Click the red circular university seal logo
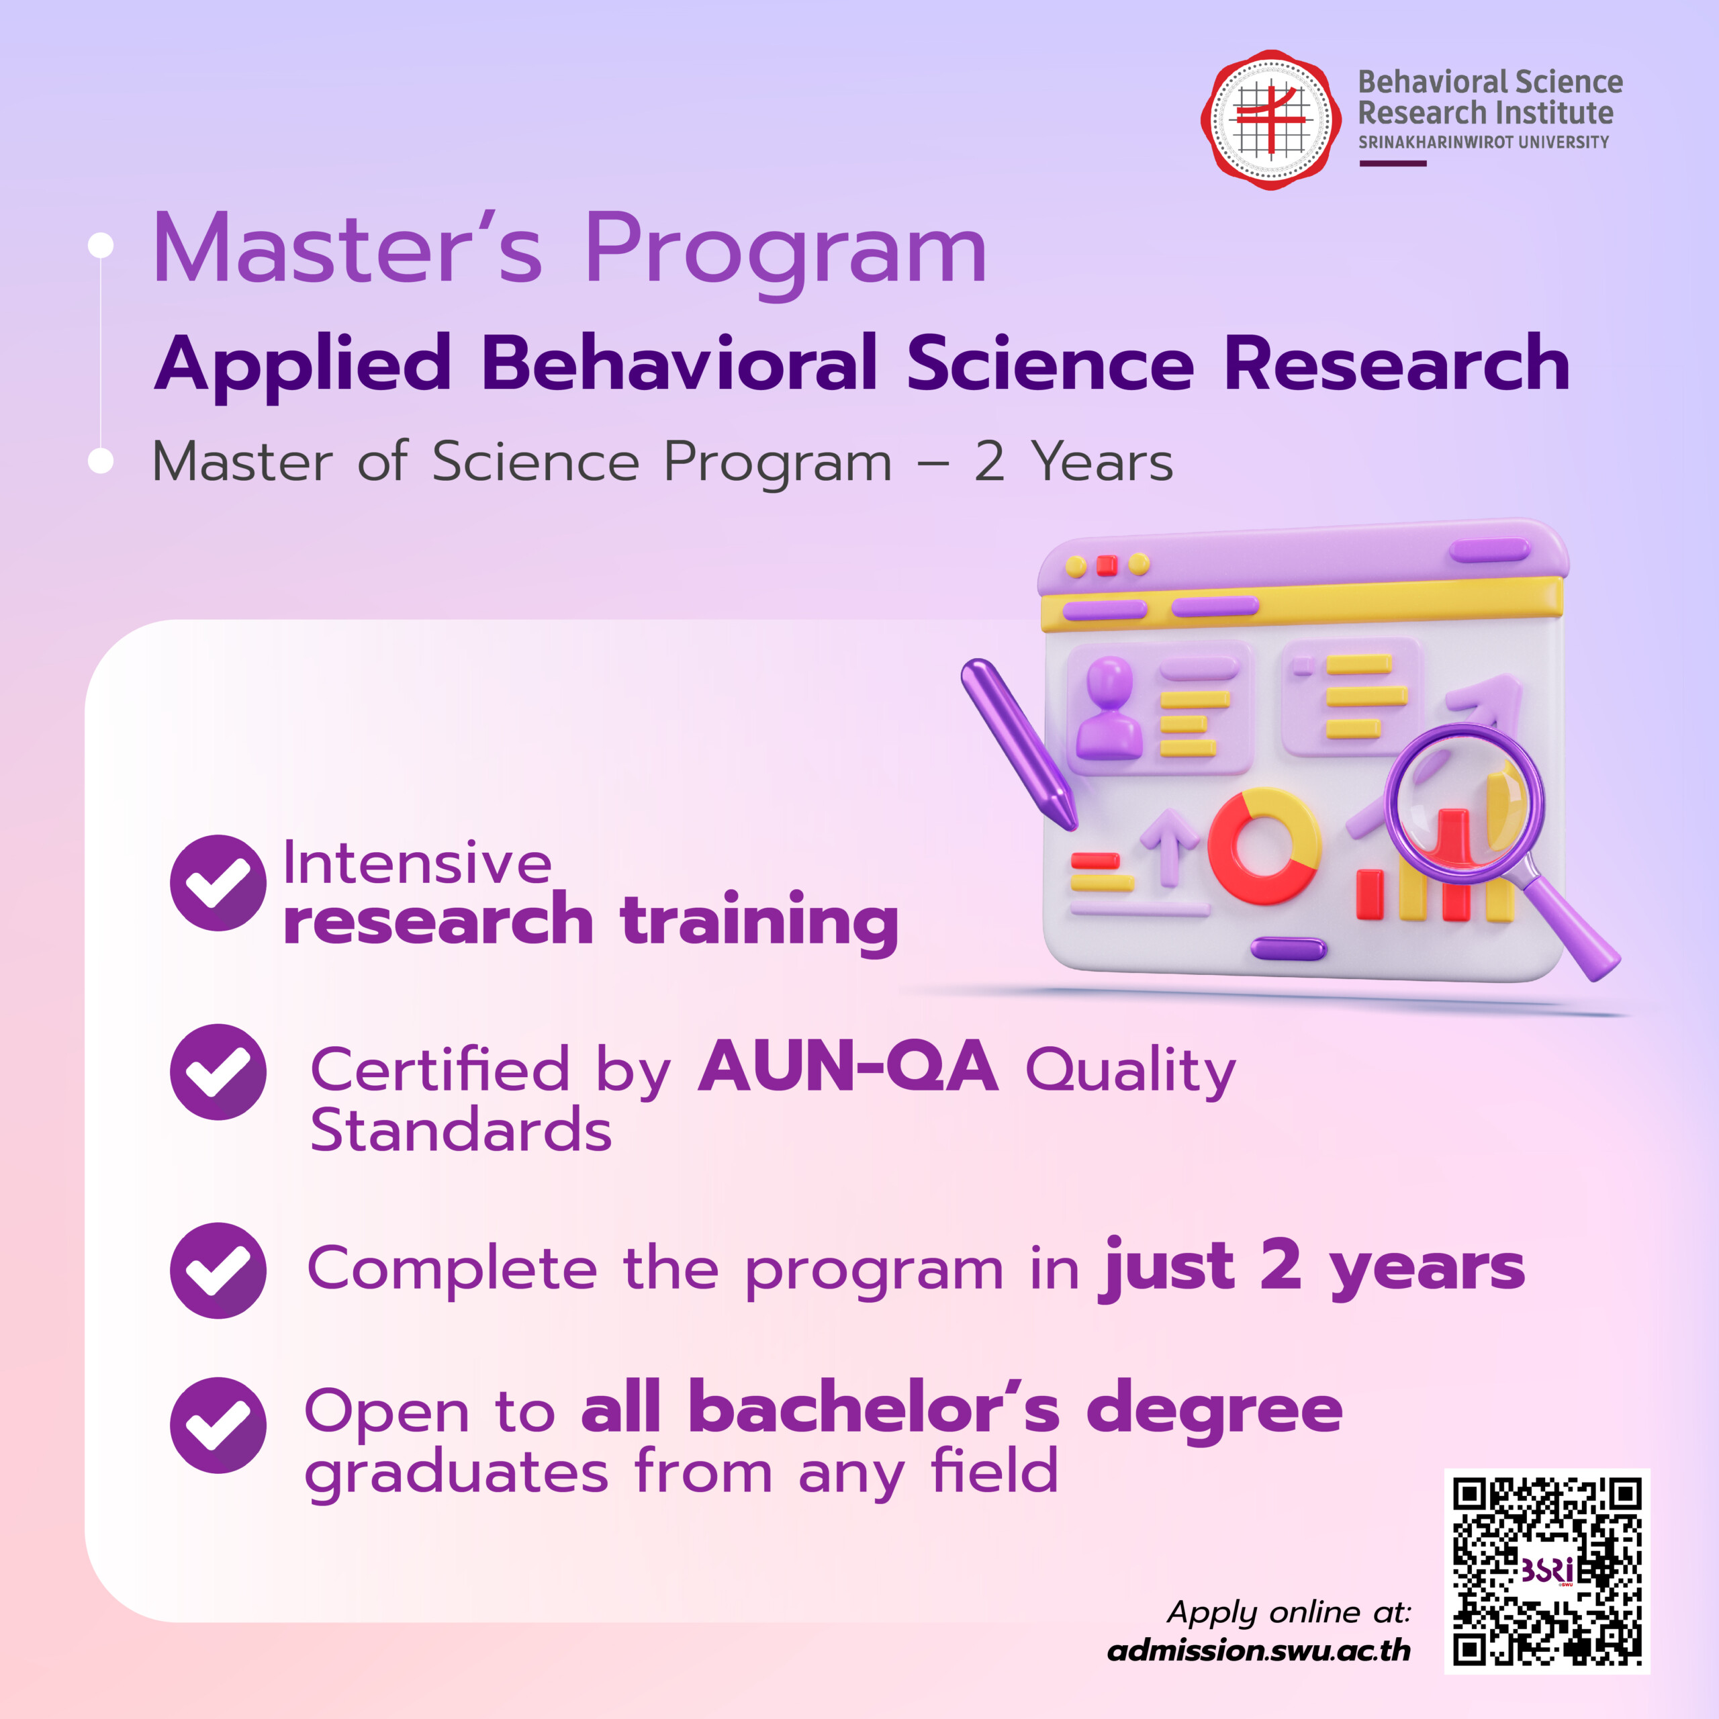pos(1271,120)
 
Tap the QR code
pos(1547,1571)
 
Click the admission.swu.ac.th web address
pos(1259,1651)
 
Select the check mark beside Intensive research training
pos(218,882)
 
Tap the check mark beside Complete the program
pos(218,1270)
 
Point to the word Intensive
pos(417,862)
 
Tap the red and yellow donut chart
pos(1264,846)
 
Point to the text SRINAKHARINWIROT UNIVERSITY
pos(1483,142)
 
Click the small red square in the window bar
pos(1107,565)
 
